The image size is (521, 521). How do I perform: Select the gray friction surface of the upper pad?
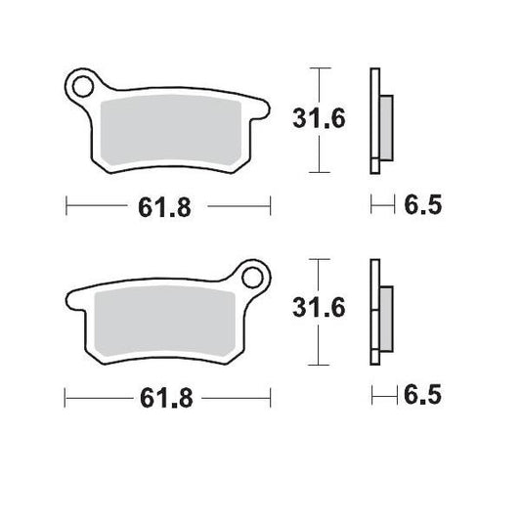coord(172,132)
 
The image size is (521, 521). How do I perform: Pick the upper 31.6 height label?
coord(321,119)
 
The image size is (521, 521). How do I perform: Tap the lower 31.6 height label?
coord(321,310)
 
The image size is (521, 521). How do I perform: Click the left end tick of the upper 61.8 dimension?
coord(65,206)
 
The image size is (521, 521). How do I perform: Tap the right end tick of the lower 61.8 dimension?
coord(269,397)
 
